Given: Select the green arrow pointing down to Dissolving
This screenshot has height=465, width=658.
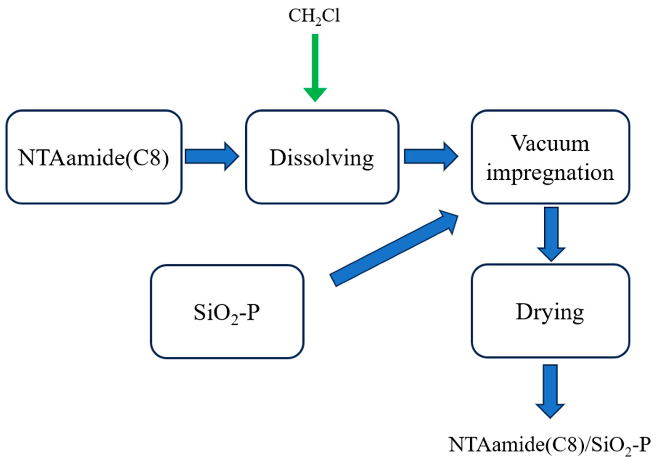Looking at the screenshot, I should point(315,66).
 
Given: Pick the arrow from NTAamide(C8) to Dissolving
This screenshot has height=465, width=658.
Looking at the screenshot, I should point(211,156).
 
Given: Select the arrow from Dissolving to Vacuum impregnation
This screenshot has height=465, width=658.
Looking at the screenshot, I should point(431,156).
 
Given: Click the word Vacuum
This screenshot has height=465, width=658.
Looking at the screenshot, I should point(550,143).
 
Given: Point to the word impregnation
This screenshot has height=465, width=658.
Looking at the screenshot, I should point(550,173).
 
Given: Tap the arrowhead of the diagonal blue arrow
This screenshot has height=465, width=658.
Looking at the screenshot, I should point(449,221).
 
